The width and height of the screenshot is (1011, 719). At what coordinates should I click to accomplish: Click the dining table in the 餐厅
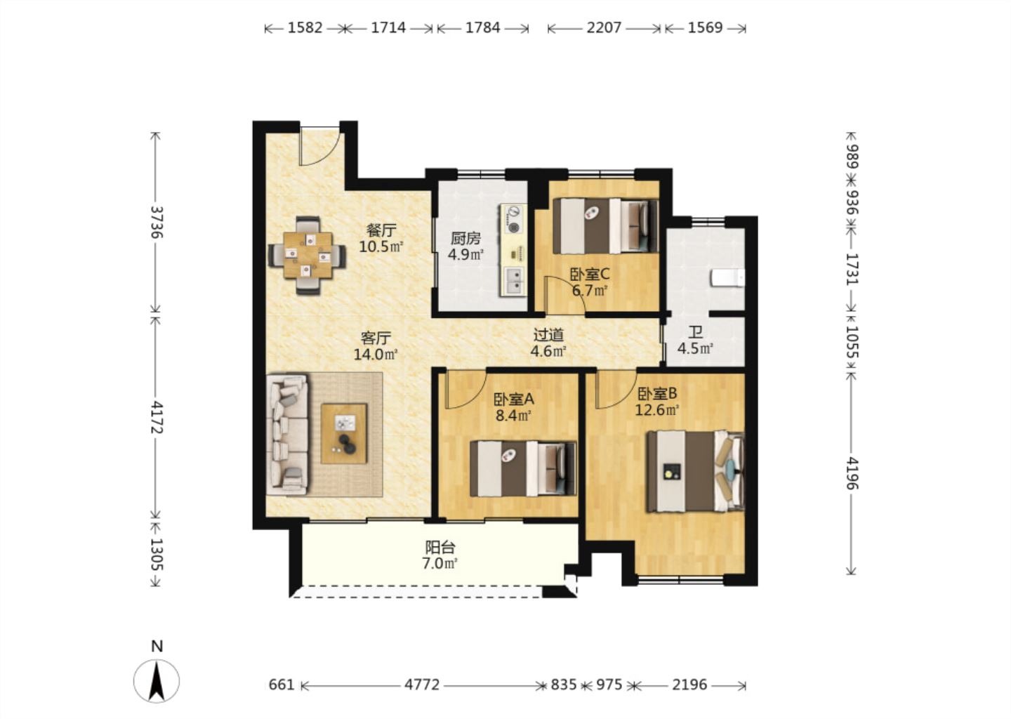click(308, 256)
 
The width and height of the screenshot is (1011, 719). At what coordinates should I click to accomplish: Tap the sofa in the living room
click(288, 434)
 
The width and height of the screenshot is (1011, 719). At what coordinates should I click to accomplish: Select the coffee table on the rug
click(344, 433)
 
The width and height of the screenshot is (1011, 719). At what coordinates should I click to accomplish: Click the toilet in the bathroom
click(727, 277)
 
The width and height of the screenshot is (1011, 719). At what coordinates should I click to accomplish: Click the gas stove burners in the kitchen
click(513, 220)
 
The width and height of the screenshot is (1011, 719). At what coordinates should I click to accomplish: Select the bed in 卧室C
click(605, 226)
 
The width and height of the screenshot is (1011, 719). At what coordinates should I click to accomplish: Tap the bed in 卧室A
click(523, 468)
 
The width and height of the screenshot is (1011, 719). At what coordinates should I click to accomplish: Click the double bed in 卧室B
click(695, 471)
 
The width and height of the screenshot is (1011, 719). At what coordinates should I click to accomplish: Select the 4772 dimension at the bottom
click(421, 685)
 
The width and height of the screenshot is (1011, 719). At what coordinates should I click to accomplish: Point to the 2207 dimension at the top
click(604, 28)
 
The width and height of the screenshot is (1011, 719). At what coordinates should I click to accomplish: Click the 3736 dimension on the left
click(157, 222)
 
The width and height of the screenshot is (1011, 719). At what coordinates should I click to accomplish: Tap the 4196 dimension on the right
click(852, 473)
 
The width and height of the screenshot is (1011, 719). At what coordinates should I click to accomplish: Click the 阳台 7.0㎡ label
click(440, 555)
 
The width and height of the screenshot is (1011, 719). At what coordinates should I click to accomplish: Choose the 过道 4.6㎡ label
click(548, 343)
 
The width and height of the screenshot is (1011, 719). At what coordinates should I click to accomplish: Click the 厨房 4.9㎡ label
click(465, 246)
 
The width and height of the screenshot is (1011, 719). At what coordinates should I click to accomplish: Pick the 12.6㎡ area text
click(657, 410)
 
